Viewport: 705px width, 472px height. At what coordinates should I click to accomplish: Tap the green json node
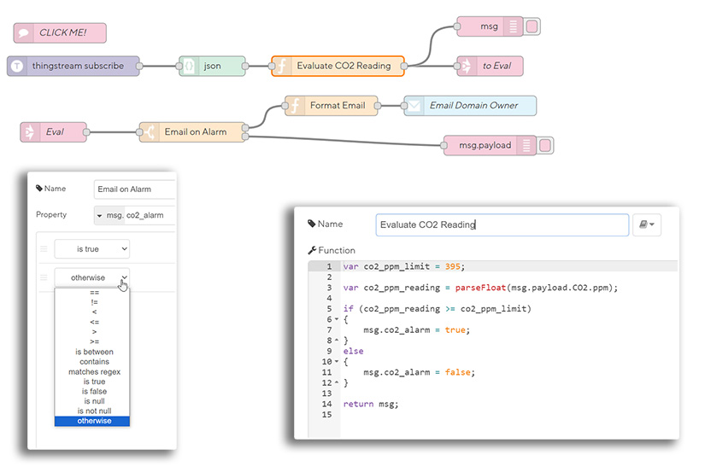212,66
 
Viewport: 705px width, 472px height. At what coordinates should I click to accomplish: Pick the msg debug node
490,26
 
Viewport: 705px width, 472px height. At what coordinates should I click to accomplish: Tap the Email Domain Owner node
470,106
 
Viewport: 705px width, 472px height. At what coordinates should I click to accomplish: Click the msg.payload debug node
485,145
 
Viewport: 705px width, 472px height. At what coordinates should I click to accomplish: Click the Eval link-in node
54,132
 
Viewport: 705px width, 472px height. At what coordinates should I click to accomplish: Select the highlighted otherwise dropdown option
92,421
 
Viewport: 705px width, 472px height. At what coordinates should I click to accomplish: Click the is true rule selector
91,248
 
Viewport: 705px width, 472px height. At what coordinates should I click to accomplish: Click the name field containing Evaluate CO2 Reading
502,225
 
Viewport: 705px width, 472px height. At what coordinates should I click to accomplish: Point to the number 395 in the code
455,266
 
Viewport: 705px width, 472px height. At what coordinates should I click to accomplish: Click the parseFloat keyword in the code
467,288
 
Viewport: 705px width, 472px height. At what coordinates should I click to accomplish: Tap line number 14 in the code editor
326,404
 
